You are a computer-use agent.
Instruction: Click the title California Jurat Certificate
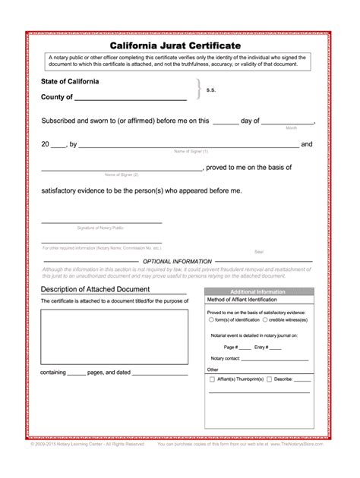point(180,46)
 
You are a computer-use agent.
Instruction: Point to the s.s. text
point(211,89)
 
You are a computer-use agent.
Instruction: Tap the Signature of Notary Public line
point(101,222)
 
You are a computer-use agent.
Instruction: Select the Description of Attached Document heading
point(95,289)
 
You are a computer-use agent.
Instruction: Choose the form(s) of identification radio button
point(211,319)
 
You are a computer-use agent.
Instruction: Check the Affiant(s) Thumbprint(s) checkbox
point(212,377)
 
